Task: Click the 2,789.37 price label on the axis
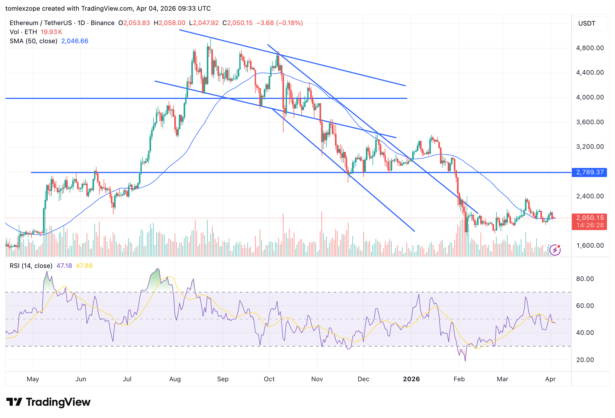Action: pos(589,172)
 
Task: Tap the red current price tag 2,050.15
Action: pos(589,218)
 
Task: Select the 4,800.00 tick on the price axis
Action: pos(590,48)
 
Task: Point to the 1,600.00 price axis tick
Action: pos(590,246)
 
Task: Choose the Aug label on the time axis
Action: pos(175,379)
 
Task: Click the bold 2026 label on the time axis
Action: pos(411,379)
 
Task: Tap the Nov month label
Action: pos(317,379)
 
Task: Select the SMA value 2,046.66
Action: pos(75,41)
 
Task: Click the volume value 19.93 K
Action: pos(51,32)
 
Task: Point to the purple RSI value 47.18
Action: pos(64,266)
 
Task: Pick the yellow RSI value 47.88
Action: pos(84,266)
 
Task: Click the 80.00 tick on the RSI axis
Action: pos(585,279)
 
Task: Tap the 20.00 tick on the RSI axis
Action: pos(585,360)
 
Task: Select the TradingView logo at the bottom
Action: pos(48,402)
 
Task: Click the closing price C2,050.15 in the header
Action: pos(237,23)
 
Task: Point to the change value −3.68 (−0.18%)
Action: pos(280,23)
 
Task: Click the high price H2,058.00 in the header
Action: pos(169,23)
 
